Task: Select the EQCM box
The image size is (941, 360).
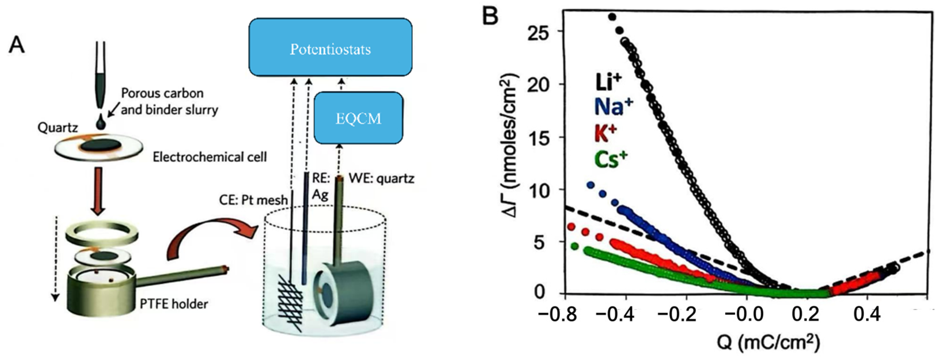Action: (x=358, y=118)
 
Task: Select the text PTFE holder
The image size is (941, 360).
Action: (x=174, y=304)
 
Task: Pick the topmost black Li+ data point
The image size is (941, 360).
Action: (x=612, y=17)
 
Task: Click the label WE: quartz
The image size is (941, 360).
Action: (x=381, y=179)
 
